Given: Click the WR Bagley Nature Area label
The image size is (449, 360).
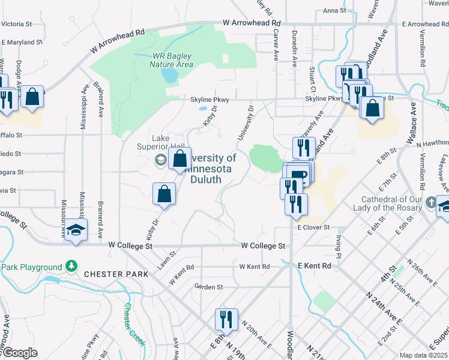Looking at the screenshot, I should point(172,60).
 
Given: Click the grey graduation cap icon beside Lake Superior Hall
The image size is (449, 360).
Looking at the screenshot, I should point(160,160).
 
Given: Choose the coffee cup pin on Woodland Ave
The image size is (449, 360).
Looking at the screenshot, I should point(298,174).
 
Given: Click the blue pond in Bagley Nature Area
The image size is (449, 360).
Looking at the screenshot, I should point(170,76).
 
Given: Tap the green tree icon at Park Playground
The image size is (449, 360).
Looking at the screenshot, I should point(71,266).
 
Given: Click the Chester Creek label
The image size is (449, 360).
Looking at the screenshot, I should point(133,324).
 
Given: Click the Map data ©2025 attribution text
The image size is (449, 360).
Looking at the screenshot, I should point(423,355).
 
